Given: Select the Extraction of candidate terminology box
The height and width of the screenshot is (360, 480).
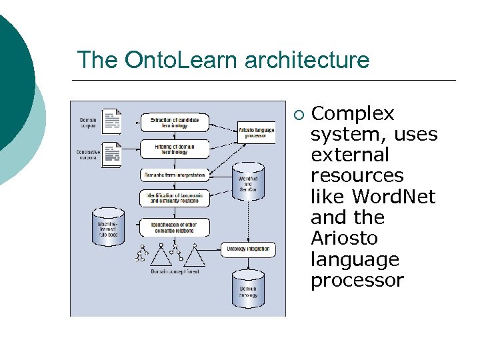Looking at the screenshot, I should (x=175, y=123).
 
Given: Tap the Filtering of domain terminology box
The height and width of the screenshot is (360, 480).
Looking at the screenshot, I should (x=175, y=148).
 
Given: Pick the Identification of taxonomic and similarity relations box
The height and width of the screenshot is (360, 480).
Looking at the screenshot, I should (x=175, y=198).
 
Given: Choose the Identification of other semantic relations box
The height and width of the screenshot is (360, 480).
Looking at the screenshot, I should (x=175, y=227).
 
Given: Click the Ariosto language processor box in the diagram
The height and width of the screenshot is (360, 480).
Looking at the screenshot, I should (x=256, y=131).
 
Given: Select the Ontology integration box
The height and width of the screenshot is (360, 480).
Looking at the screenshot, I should (x=247, y=249).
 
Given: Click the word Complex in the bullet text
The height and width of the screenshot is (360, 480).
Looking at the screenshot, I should (x=353, y=114).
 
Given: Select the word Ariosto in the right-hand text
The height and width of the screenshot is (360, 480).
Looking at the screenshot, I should (x=344, y=238).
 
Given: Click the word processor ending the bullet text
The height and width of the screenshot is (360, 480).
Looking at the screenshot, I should (x=357, y=280).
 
